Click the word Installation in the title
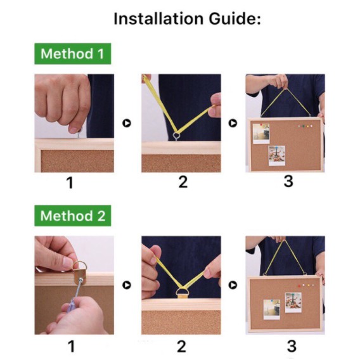[x=158, y=18]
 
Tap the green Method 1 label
[x=72, y=54]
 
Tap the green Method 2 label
[x=72, y=216]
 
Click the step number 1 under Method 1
[x=70, y=183]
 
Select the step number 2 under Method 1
[x=183, y=182]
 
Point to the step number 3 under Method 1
[x=288, y=181]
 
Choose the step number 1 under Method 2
[x=71, y=346]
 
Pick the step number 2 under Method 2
[x=181, y=346]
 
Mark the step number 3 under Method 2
[x=292, y=346]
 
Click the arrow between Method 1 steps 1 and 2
[x=127, y=123]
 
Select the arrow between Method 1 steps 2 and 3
[x=233, y=123]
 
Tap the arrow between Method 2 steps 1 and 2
[x=127, y=285]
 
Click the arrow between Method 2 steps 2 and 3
[x=233, y=285]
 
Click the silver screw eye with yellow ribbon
[x=177, y=136]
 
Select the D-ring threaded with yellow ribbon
[x=183, y=293]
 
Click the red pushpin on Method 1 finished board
[x=261, y=125]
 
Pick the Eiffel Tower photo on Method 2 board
[x=293, y=302]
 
